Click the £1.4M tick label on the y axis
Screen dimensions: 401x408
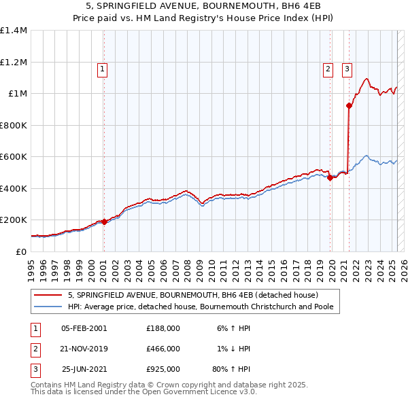[14, 31]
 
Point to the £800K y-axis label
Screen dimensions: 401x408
[14, 125]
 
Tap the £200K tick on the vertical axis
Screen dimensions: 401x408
[14, 220]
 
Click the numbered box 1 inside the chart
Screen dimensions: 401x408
[103, 68]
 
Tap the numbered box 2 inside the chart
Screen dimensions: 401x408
[328, 68]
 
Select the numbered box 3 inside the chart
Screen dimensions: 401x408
[347, 68]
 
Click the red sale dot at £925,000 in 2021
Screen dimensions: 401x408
[349, 105]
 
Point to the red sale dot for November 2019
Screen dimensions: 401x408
[330, 178]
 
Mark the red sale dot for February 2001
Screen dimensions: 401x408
[104, 222]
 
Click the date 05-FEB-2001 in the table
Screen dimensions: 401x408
[84, 328]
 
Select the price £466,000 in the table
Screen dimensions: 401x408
[163, 349]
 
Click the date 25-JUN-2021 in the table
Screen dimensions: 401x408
[84, 370]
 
